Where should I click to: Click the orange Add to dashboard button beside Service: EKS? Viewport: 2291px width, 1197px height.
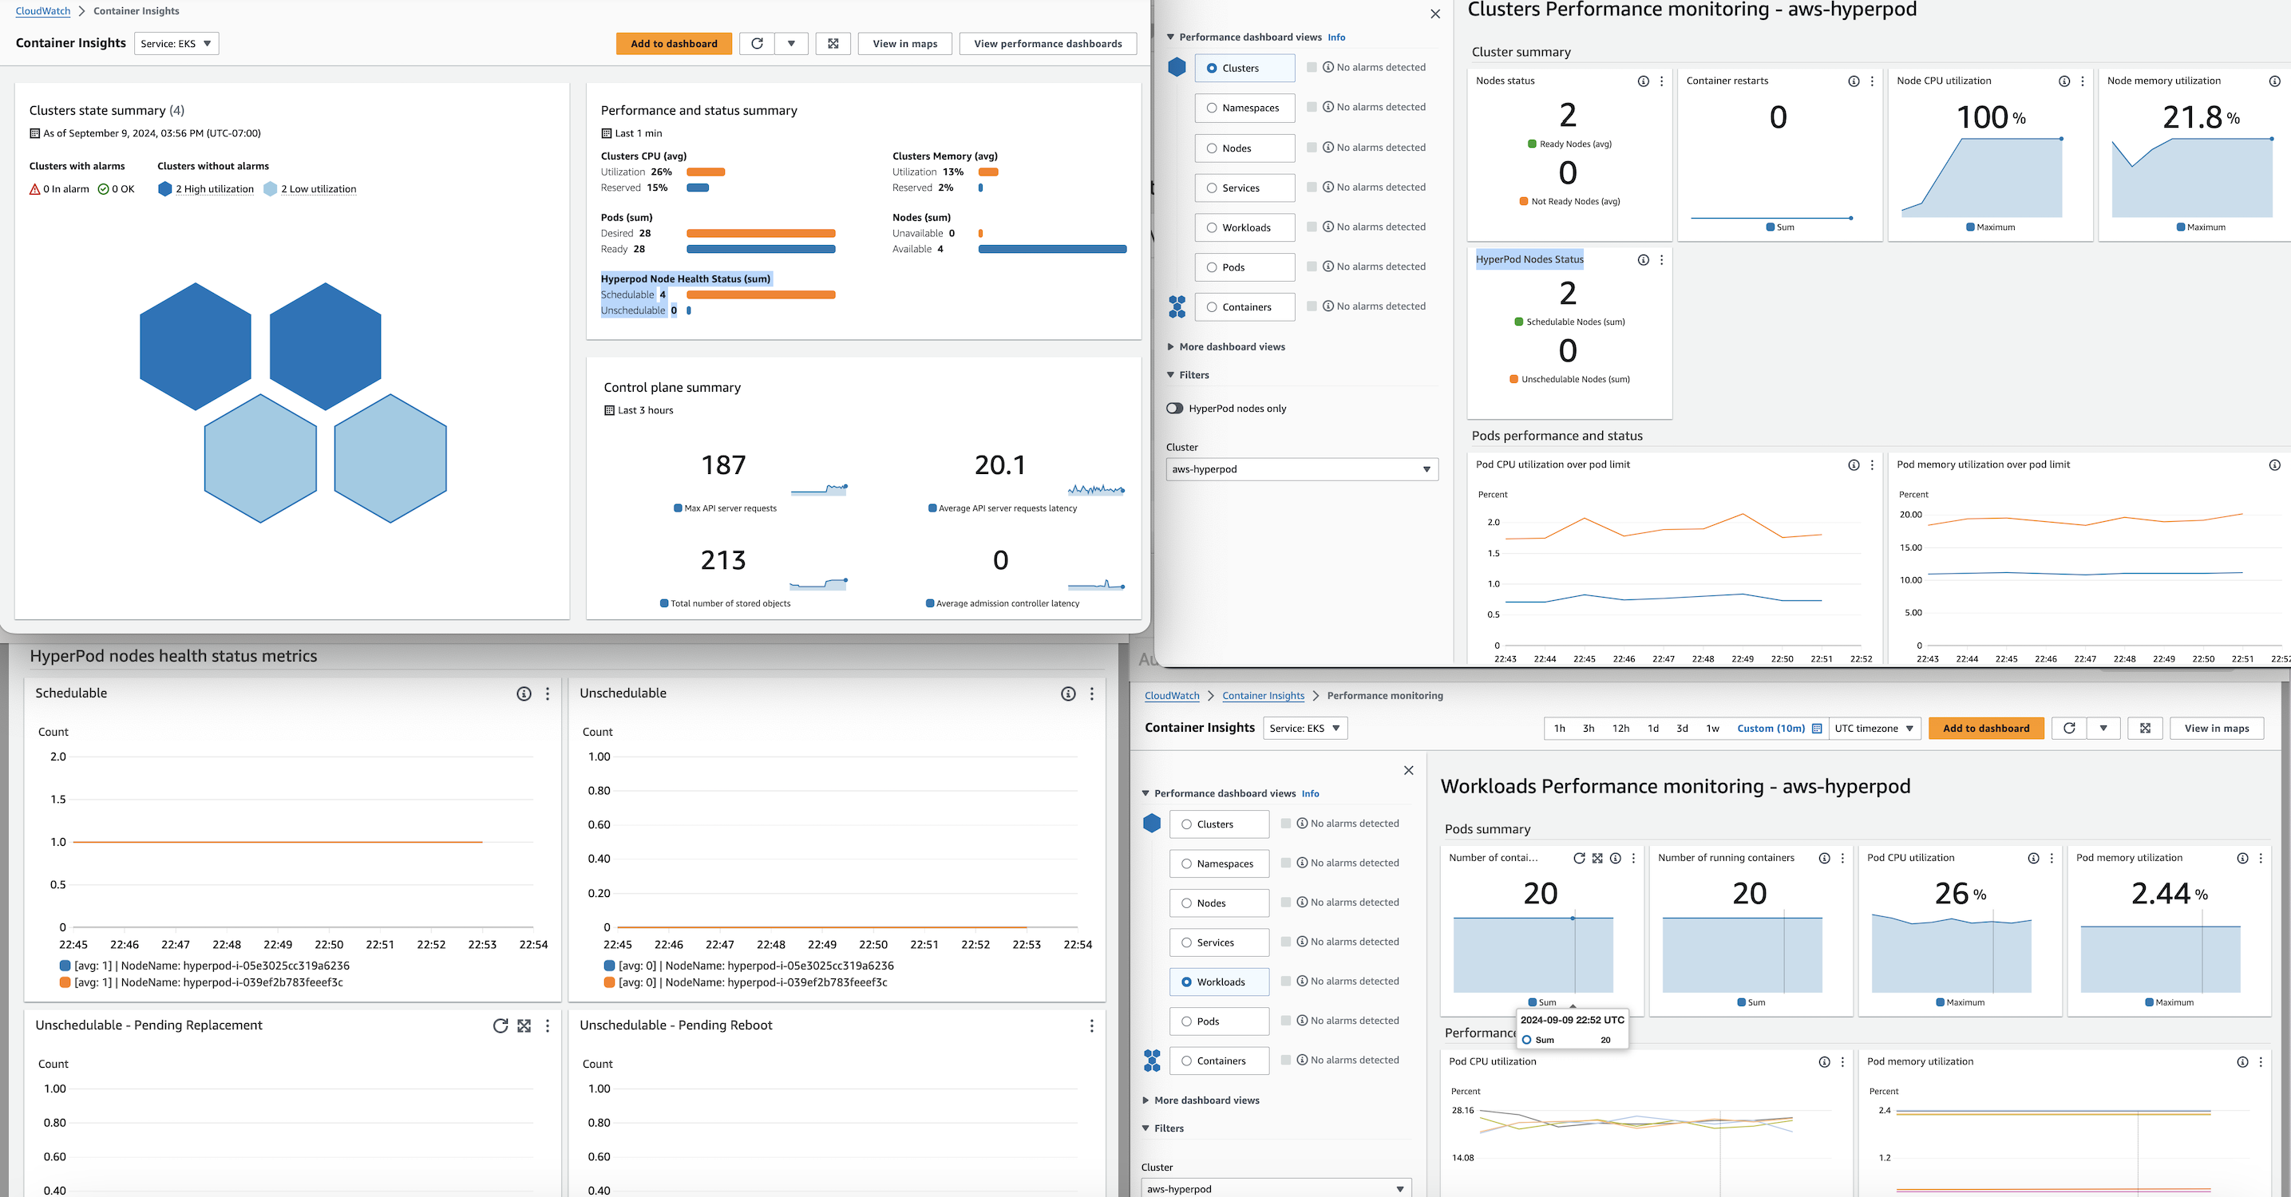coord(673,44)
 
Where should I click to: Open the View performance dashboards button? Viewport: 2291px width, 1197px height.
coord(1047,44)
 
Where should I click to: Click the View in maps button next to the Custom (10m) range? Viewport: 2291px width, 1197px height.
coord(2215,729)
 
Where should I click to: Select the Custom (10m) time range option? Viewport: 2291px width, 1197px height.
coord(1778,729)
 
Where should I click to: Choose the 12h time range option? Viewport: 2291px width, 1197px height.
coord(1620,729)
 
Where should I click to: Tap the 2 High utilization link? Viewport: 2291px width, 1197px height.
coord(215,189)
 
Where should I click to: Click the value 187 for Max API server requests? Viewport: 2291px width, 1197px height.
coord(723,465)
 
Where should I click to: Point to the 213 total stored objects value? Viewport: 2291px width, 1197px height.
coord(723,560)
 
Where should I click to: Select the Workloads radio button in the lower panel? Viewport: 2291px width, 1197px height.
coord(1186,982)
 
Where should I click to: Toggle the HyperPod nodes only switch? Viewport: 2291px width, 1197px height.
coord(1175,409)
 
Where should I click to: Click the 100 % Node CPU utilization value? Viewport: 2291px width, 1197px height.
coord(1990,117)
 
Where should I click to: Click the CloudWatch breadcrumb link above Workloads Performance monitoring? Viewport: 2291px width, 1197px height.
coord(1171,695)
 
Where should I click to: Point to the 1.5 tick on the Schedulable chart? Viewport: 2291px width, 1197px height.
coord(57,800)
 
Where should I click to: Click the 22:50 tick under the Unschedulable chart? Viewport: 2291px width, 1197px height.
coord(872,945)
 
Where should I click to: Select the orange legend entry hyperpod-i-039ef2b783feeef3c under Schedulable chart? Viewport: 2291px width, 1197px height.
coord(209,982)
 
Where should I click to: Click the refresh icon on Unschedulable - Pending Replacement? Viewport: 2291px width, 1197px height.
coord(501,1025)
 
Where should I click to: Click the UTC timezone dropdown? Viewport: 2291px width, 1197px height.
coord(1873,729)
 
